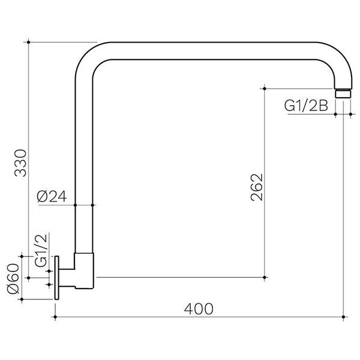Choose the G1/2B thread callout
click(305, 106)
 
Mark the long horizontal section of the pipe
click(210, 50)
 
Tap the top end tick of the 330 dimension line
click(29, 42)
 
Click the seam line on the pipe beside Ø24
click(84, 205)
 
